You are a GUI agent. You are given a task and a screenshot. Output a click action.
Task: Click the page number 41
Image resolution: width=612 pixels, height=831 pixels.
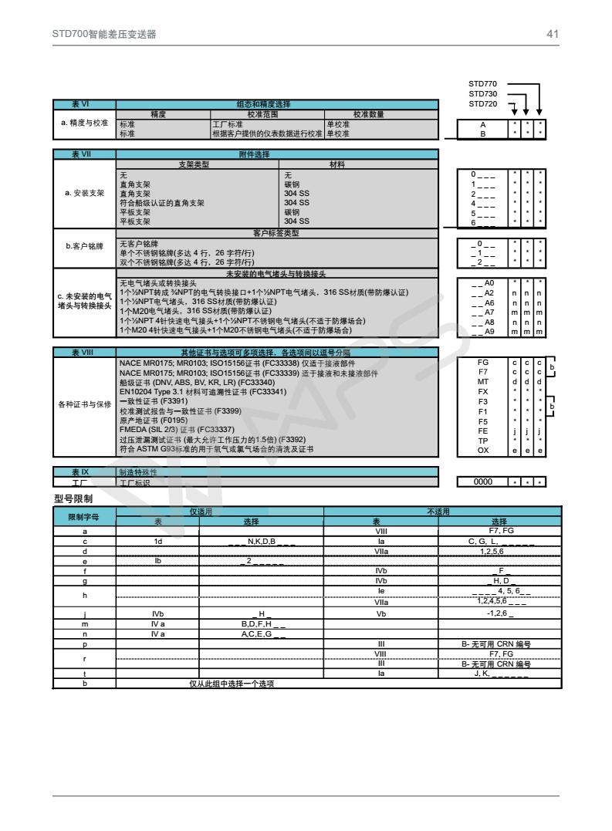(x=552, y=34)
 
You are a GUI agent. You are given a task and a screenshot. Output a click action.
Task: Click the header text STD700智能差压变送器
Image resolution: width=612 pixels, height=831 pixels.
(x=104, y=34)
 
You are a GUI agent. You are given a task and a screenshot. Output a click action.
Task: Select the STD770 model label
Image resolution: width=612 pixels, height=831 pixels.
(x=483, y=83)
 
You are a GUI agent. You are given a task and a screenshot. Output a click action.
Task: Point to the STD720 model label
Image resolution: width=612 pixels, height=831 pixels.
(x=483, y=103)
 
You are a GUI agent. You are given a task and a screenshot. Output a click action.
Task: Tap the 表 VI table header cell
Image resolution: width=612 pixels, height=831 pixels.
(x=85, y=104)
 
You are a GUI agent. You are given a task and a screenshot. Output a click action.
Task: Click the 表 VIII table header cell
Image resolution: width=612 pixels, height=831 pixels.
(x=85, y=352)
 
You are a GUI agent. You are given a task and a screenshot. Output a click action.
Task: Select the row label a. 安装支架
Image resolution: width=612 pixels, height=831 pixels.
(x=85, y=193)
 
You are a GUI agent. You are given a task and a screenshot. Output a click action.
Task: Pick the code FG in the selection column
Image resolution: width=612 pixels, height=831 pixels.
(x=483, y=361)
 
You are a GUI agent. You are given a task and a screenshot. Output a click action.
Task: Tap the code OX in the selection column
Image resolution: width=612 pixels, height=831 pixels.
(x=483, y=450)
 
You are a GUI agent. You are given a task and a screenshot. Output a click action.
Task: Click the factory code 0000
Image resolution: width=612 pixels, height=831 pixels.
(x=483, y=482)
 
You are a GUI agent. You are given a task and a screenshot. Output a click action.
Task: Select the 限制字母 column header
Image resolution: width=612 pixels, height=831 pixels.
(x=84, y=516)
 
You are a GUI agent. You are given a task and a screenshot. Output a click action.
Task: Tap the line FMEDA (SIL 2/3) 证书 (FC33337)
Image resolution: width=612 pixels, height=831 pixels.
(x=177, y=430)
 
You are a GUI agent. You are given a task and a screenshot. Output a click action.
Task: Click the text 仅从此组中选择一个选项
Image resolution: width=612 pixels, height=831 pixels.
(x=232, y=684)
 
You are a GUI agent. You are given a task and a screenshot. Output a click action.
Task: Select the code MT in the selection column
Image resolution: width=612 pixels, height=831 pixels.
(x=483, y=381)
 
